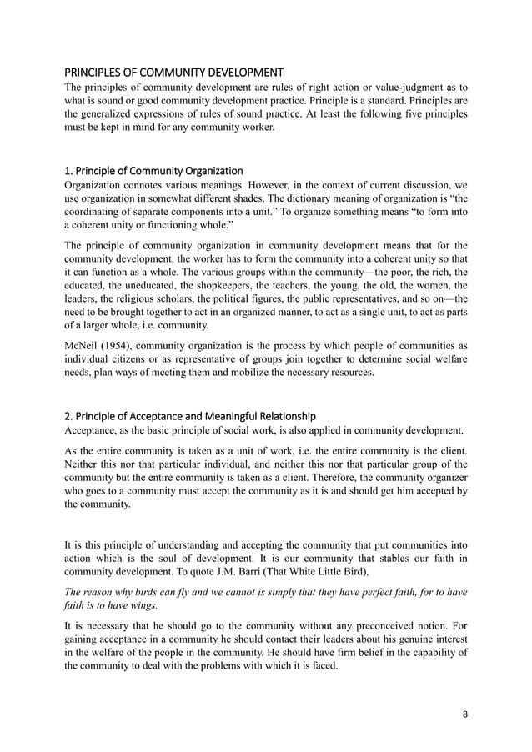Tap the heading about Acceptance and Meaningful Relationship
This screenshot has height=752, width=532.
190,416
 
